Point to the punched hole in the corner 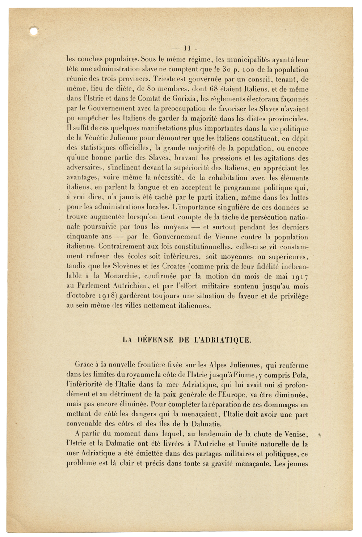[x=34, y=32]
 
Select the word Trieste [x=165, y=79]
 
